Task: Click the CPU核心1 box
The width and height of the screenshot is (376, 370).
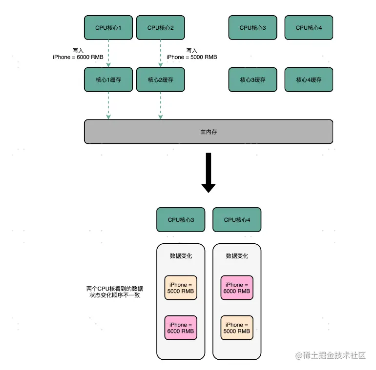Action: coord(108,28)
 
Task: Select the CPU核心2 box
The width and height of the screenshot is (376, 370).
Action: coord(160,28)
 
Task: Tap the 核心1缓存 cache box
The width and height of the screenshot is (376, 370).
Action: coord(108,79)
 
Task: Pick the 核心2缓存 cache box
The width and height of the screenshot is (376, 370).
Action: coord(160,79)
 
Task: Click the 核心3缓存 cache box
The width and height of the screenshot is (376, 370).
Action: coord(252,79)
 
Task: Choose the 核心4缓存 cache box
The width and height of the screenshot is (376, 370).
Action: coord(309,79)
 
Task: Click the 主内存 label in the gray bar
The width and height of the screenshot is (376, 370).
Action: coord(209,132)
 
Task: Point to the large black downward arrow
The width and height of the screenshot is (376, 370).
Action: coord(209,173)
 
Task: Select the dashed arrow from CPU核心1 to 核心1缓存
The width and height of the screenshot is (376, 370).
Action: coord(108,54)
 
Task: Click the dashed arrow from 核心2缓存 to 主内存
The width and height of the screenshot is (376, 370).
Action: coord(160,105)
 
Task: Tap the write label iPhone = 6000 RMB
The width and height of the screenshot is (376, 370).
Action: coord(78,57)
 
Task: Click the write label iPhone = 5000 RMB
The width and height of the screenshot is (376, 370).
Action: coord(191,57)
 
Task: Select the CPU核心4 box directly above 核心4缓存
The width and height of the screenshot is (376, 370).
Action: coord(309,28)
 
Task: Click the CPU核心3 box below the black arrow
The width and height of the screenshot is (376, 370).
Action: coord(181,220)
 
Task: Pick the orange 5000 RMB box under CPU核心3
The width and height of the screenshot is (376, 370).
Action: coord(181,288)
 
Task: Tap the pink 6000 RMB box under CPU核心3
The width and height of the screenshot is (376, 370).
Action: coord(181,328)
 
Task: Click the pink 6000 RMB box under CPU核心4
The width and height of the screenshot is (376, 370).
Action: coord(237,288)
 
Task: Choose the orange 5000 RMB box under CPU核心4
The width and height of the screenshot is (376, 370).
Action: coord(237,328)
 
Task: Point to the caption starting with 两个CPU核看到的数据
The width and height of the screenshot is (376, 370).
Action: coord(115,292)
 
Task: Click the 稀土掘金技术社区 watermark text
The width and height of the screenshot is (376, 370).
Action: coord(334,355)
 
